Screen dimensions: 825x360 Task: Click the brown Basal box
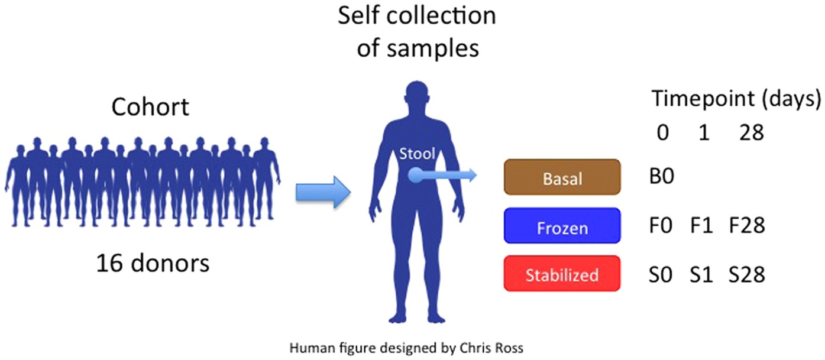(x=562, y=177)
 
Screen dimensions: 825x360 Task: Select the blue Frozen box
(x=562, y=225)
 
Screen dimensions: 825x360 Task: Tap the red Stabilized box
(x=562, y=274)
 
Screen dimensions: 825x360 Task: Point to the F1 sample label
(x=701, y=226)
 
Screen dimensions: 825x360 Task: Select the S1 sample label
(x=702, y=275)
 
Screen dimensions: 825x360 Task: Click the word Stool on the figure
(x=416, y=154)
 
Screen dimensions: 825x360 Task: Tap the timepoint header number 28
(x=751, y=132)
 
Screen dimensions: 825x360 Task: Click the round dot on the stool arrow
(x=416, y=174)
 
